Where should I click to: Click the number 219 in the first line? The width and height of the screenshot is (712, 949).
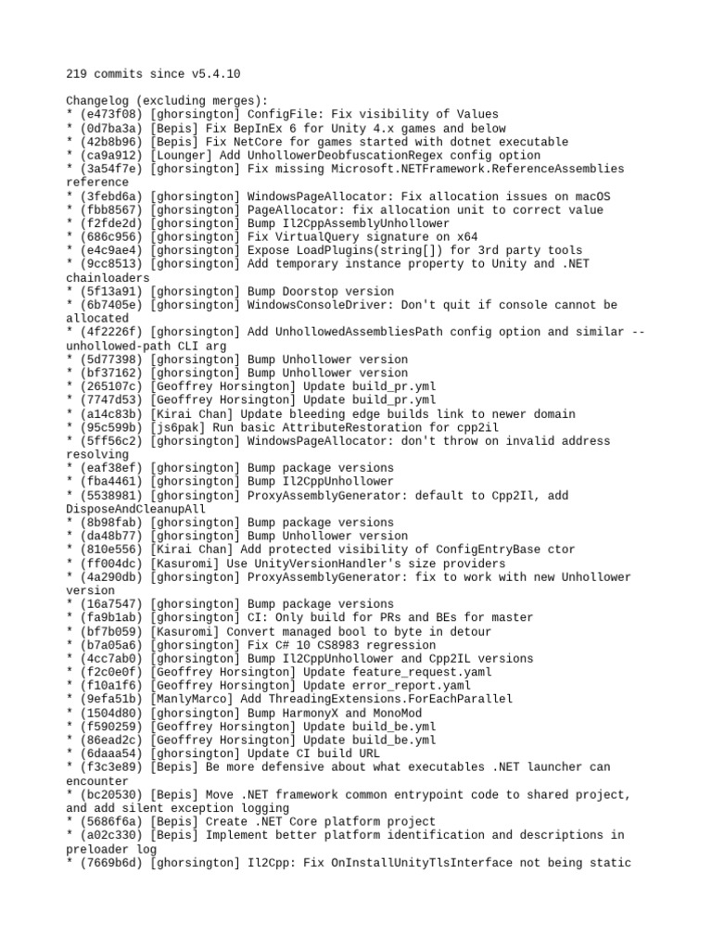77,73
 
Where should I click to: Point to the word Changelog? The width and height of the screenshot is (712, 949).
96,100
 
